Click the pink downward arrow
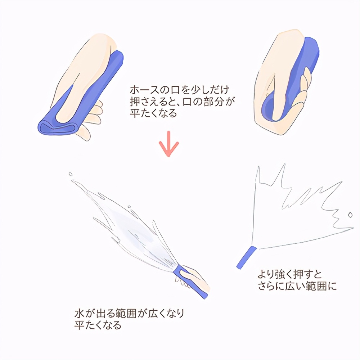pyautogui.click(x=169, y=144)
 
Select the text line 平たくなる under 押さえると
pyautogui.click(x=153, y=113)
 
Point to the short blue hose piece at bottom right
pyautogui.click(x=247, y=257)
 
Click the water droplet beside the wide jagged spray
pyautogui.click(x=350, y=215)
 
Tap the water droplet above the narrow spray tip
pyautogui.click(x=71, y=174)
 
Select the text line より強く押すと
pyautogui.click(x=290, y=274)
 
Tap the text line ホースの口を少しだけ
pyautogui.click(x=180, y=90)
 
